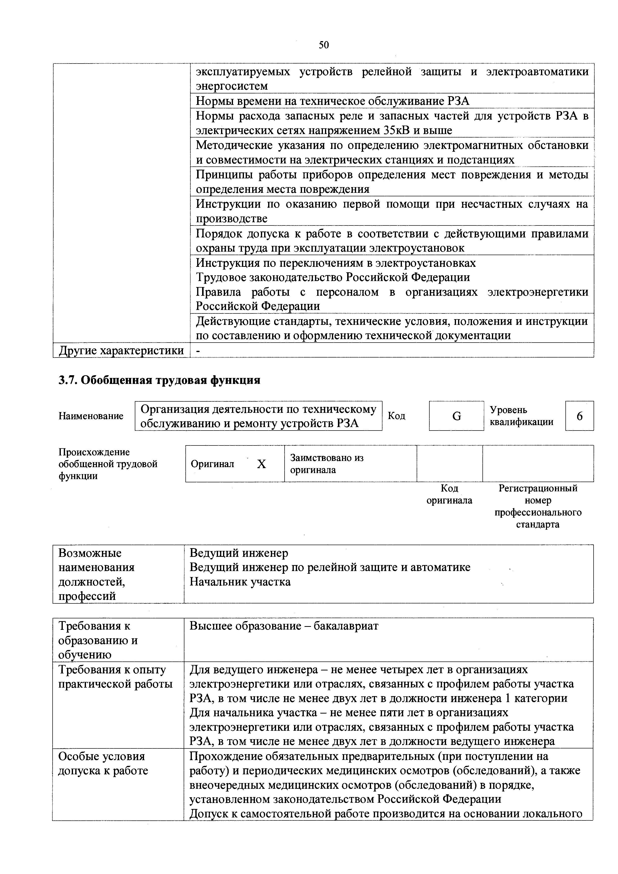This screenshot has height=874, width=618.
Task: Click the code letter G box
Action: click(456, 416)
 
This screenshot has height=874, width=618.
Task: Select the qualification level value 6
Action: click(579, 416)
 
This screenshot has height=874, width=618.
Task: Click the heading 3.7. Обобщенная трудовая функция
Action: click(159, 380)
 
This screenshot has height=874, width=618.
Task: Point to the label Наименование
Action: click(91, 416)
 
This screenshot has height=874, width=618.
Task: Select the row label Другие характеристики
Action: click(121, 351)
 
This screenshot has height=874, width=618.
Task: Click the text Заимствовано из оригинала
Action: click(327, 464)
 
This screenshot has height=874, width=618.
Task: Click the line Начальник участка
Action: click(240, 582)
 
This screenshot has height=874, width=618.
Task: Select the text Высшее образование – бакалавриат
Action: click(284, 626)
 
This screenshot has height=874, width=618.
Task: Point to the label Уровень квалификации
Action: click(521, 416)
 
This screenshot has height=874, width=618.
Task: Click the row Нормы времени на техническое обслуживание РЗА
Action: click(332, 101)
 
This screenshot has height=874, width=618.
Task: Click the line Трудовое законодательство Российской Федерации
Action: click(332, 277)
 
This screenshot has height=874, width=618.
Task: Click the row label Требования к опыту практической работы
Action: click(115, 677)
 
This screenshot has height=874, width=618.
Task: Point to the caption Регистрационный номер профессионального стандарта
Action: click(538, 506)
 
